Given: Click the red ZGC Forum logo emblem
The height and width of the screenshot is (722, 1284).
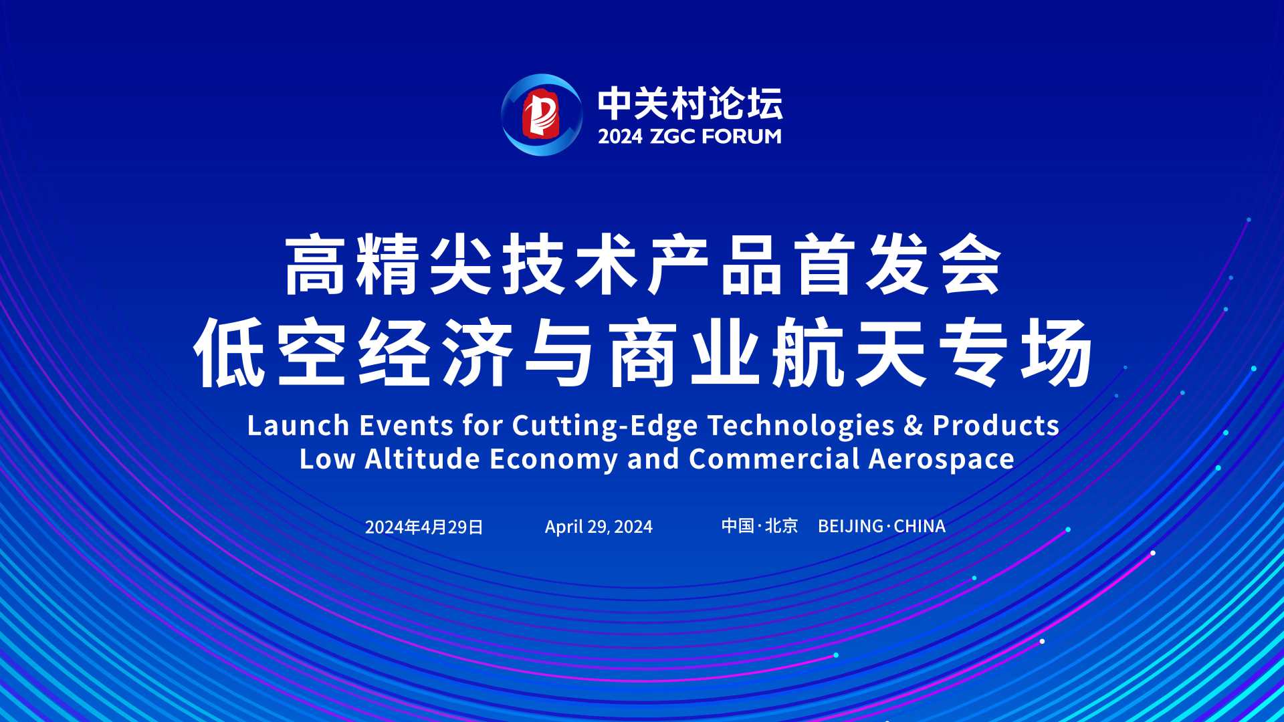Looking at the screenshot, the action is click(540, 114).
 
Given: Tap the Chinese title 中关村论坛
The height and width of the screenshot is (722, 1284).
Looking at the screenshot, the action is click(690, 103).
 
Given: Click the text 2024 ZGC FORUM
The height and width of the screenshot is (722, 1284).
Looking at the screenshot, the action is click(689, 136).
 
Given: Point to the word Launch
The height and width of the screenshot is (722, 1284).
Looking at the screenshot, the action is click(298, 426).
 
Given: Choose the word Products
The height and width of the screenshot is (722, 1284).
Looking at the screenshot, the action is click(996, 426).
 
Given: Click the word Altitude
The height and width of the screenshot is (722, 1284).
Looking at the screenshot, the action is click(423, 459).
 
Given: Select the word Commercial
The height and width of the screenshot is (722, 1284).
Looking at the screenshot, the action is click(774, 459).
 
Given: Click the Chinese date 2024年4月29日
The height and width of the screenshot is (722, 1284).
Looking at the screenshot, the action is click(424, 527).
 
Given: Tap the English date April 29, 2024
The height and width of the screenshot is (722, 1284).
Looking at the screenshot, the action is click(599, 527).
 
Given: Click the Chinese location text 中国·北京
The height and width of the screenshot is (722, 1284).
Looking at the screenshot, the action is click(760, 526).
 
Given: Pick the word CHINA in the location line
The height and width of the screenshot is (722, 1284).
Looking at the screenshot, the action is click(920, 526).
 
